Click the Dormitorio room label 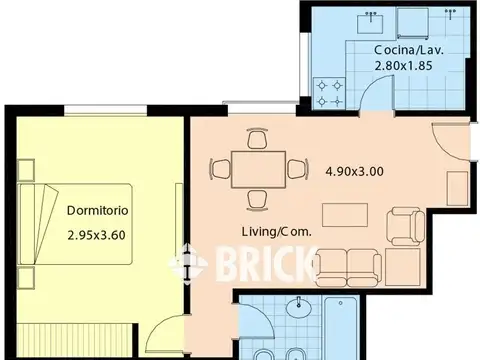coord(97,211)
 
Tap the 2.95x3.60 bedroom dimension coord(96,235)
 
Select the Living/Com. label coord(277,232)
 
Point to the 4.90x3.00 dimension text coord(354,171)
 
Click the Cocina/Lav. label coord(409,50)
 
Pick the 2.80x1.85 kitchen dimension coord(403,66)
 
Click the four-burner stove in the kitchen coord(329,93)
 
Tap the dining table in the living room coord(259,170)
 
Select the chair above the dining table coord(257,138)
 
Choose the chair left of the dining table coord(220,169)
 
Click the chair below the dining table coord(258,201)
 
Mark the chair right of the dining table coord(298,169)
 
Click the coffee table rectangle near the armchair coord(345,215)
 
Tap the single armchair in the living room coord(405,226)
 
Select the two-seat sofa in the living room coord(348,268)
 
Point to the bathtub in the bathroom coord(341,328)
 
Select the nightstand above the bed coord(26,170)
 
